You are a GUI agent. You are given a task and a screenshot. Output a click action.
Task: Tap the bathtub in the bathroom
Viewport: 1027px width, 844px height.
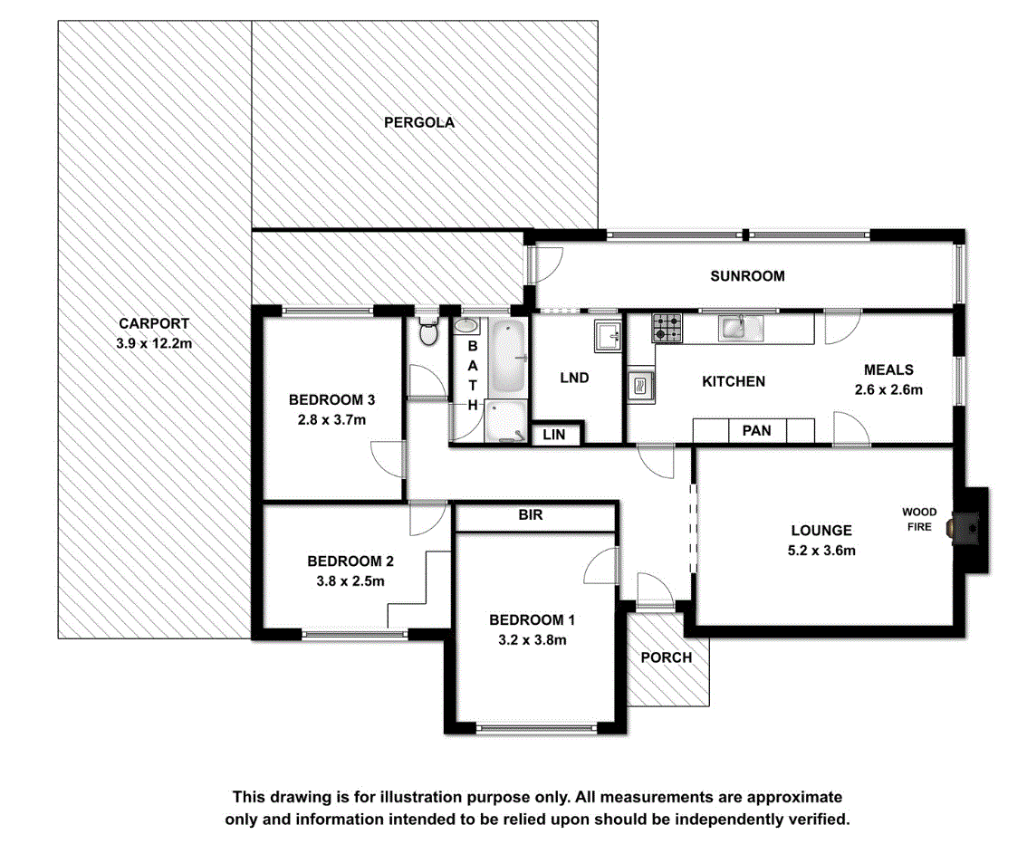point(507,357)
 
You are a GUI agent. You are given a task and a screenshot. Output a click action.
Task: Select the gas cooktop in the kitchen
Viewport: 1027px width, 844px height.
point(667,328)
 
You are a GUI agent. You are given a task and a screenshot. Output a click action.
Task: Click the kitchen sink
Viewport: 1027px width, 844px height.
point(741,328)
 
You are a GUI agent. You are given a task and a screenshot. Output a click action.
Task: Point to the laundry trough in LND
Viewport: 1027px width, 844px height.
point(607,336)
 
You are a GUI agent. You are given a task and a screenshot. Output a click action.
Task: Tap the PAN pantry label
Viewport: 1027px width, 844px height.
point(756,431)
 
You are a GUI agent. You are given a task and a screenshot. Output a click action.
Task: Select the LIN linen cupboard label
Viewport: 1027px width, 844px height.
point(553,434)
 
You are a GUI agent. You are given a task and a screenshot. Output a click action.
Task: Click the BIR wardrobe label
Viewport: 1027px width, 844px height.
point(531,514)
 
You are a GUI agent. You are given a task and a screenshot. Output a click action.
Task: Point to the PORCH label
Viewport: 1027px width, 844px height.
point(667,657)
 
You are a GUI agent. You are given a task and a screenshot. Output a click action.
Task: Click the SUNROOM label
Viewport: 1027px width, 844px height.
point(747,275)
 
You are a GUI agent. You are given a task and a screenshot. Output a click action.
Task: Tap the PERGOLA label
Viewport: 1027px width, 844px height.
point(419,122)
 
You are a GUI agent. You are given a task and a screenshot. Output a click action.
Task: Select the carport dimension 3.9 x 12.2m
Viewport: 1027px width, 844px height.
point(154,343)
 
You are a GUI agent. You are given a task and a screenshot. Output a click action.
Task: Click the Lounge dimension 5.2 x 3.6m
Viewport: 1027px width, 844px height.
point(821,551)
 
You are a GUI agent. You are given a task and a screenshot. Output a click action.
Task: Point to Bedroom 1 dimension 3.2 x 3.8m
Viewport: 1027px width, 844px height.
point(532,639)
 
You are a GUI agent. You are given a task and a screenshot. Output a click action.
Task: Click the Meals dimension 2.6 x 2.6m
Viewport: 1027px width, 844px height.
point(888,389)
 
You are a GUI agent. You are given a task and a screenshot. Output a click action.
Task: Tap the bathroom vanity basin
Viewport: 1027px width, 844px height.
point(467,326)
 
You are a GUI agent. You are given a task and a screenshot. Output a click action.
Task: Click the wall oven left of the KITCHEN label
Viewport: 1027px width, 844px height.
point(640,387)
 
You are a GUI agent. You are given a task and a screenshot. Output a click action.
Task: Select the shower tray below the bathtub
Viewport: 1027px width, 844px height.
point(505,421)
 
